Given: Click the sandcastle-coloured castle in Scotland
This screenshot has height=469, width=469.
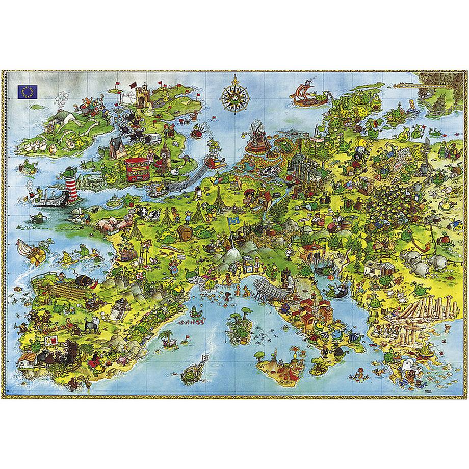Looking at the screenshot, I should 142,95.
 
